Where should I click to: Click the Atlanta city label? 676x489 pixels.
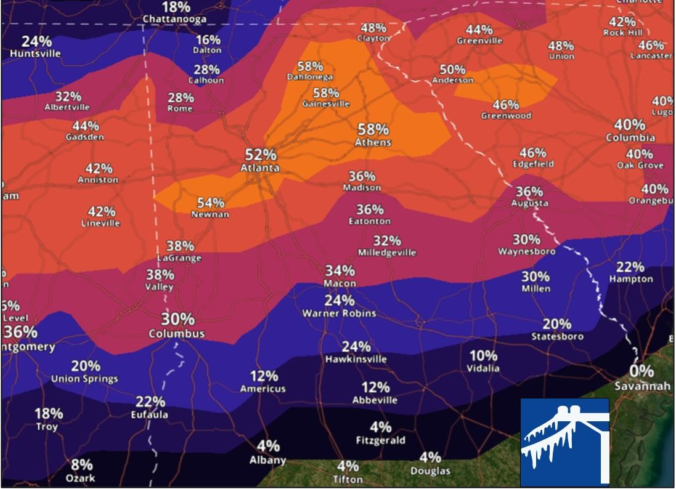260,168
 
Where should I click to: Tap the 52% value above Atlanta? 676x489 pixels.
261,155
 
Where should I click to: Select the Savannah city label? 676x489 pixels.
642,386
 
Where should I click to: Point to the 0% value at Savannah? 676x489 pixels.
641,371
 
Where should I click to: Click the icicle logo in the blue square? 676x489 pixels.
564,442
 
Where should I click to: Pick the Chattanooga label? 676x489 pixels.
174,19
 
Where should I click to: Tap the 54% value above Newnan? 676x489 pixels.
211,203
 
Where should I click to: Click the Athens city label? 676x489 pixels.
373,142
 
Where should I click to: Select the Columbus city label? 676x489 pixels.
177,334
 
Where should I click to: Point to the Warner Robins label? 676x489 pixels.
339,313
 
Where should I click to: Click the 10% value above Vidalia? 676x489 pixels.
484,355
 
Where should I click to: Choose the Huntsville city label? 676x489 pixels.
36,54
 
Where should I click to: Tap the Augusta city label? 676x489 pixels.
530,203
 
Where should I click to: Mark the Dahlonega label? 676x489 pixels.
310,77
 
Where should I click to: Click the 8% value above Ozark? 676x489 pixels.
81,465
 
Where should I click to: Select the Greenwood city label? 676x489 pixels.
506,116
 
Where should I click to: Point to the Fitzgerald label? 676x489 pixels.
381,440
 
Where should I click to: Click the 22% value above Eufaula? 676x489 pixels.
150,402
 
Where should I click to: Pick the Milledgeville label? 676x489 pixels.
387,253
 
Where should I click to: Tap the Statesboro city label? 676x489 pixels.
557,337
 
